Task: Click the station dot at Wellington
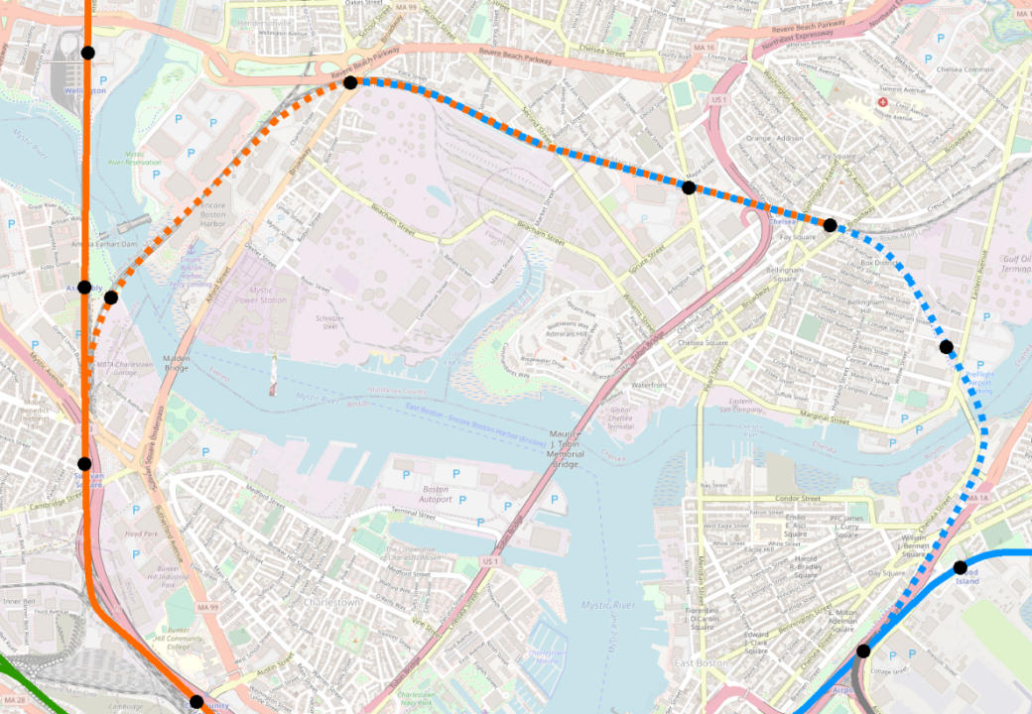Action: click(87, 53)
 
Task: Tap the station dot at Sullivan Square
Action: click(84, 463)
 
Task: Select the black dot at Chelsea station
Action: click(830, 225)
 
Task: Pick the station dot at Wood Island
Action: click(960, 567)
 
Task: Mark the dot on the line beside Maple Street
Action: click(688, 187)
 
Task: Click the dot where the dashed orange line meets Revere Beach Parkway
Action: click(350, 82)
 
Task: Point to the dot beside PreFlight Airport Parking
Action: click(946, 347)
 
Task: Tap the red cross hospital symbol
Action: click(882, 102)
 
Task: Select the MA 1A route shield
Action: click(978, 497)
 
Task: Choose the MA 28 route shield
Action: click(14, 701)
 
